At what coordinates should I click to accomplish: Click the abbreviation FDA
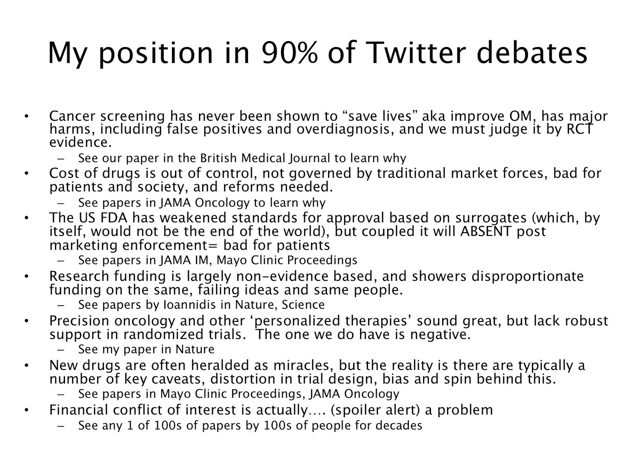click(114, 217)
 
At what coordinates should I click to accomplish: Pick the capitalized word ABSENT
click(486, 231)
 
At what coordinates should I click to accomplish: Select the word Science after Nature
click(303, 305)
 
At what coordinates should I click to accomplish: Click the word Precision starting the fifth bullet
click(79, 321)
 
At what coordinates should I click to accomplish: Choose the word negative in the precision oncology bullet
click(440, 335)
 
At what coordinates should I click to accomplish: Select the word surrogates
click(491, 218)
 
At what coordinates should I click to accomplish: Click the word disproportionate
click(528, 276)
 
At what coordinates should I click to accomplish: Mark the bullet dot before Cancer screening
click(26, 116)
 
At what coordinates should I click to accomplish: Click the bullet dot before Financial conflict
click(26, 410)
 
